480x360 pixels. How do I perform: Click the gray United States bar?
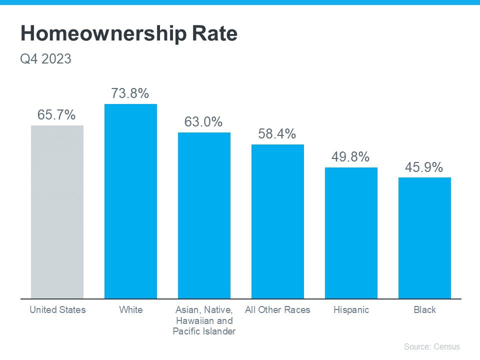click(x=57, y=212)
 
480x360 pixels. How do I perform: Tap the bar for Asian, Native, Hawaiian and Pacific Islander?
click(x=204, y=215)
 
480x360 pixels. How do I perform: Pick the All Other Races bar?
click(x=277, y=221)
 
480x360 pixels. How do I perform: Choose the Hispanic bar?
click(x=351, y=233)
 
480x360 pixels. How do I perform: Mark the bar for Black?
click(x=424, y=238)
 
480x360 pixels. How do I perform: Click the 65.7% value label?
click(x=56, y=115)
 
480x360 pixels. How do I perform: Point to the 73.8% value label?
click(x=130, y=93)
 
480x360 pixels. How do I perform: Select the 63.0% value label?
click(x=203, y=122)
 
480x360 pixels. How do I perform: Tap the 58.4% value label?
click(x=277, y=134)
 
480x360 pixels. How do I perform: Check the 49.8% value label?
click(x=350, y=157)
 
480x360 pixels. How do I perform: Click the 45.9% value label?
click(x=424, y=167)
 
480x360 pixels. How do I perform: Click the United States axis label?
click(x=57, y=310)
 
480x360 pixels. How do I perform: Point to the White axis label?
click(x=131, y=310)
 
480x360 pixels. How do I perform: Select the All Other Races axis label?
click(x=277, y=310)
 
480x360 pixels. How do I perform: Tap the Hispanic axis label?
click(x=351, y=310)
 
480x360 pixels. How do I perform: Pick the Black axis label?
click(x=424, y=310)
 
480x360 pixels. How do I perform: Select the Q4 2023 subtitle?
click(x=45, y=59)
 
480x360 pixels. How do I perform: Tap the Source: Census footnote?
click(x=431, y=346)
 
